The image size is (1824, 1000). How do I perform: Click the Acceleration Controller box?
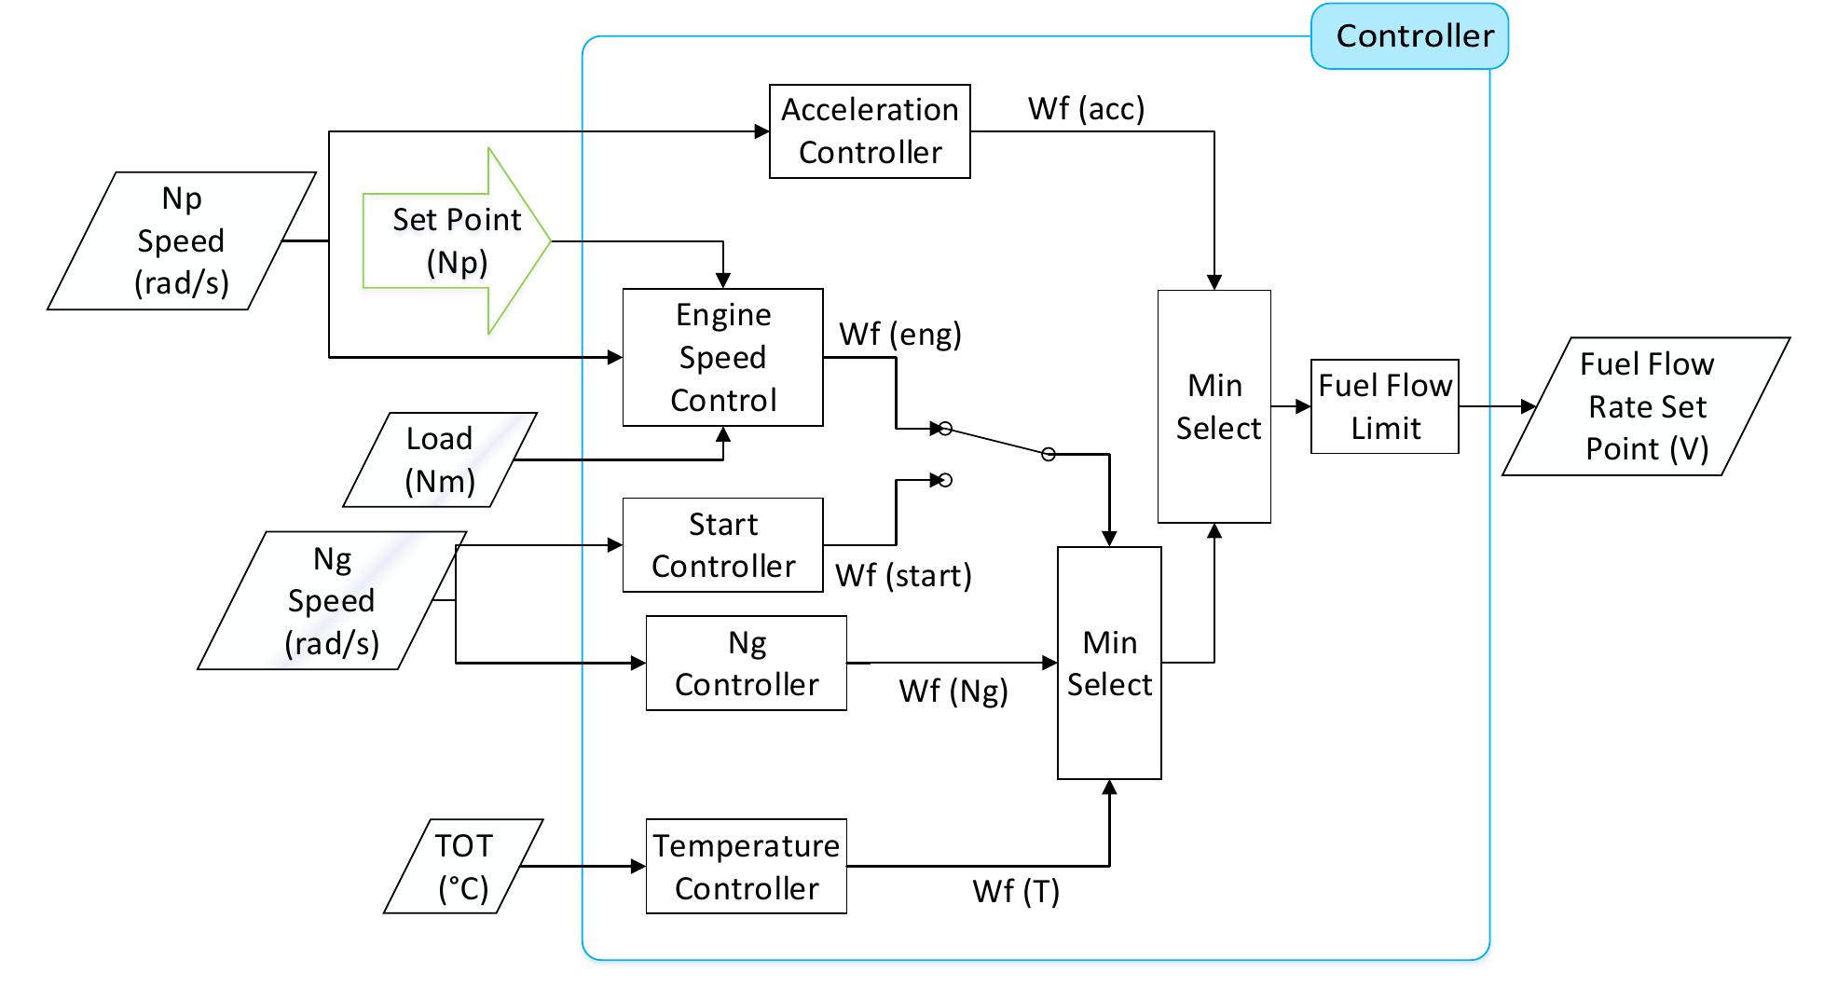pyautogui.click(x=869, y=131)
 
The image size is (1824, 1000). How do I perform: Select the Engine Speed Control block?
pyautogui.click(x=722, y=357)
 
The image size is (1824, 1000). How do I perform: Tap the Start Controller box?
pyautogui.click(x=722, y=545)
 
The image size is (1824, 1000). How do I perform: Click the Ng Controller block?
pyautogui.click(x=746, y=663)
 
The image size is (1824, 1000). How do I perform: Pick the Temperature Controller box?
pyautogui.click(x=746, y=866)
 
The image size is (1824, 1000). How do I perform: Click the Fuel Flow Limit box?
pyautogui.click(x=1384, y=406)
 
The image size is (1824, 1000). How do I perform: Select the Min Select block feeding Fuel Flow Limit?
pyautogui.click(x=1214, y=406)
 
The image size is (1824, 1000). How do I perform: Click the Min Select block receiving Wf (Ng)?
pyautogui.click(x=1108, y=663)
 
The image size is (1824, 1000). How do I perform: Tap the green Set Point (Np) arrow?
pyautogui.click(x=457, y=240)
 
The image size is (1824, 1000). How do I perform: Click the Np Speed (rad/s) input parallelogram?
pyautogui.click(x=182, y=240)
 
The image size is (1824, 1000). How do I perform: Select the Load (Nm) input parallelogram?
pyautogui.click(x=439, y=459)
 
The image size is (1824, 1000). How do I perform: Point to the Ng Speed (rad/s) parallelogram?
pyautogui.click(x=332, y=600)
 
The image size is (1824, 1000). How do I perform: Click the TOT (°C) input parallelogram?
pyautogui.click(x=463, y=866)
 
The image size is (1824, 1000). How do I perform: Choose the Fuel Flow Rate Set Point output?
pyautogui.click(x=1646, y=406)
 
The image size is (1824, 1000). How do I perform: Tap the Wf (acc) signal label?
pyautogui.click(x=1086, y=109)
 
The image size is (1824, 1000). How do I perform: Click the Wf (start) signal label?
pyautogui.click(x=902, y=575)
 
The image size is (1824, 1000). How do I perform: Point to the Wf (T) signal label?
pyautogui.click(x=1015, y=891)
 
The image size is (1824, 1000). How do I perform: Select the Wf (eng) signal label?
pyautogui.click(x=899, y=334)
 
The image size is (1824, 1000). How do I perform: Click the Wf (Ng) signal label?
pyautogui.click(x=953, y=691)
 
